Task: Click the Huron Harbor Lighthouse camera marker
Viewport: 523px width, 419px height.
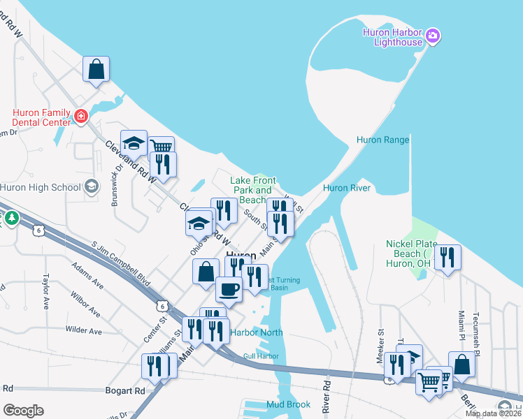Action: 432,35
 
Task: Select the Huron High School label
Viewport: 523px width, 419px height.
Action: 41,187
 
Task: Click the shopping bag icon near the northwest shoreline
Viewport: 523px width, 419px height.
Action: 96,70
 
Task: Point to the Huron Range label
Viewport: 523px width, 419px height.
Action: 382,140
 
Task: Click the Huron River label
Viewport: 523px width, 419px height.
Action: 345,188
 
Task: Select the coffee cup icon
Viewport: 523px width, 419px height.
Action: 228,288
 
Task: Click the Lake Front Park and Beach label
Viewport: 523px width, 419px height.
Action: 252,190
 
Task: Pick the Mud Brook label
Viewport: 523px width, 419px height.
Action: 288,404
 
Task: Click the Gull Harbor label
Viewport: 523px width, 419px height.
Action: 261,356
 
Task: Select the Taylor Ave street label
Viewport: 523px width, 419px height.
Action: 47,291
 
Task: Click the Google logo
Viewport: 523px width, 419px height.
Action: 23,411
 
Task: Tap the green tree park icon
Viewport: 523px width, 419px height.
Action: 11,219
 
